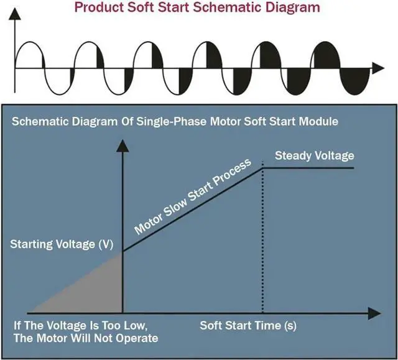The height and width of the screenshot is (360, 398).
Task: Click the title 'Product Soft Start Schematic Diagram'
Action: [197, 7]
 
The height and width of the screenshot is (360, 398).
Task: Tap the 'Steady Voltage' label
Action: [314, 155]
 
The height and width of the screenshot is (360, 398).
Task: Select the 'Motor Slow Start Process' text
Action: [193, 196]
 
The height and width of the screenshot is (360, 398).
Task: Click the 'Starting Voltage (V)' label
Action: [62, 244]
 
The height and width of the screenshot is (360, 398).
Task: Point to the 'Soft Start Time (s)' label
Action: [248, 326]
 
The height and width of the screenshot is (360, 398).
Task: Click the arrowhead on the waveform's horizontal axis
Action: [378, 68]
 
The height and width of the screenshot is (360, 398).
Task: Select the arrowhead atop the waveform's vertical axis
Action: [15, 14]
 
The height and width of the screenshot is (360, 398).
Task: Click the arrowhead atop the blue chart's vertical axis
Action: [123, 146]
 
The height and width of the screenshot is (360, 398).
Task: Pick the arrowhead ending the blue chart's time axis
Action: [374, 313]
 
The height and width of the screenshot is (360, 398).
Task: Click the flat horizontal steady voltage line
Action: [308, 168]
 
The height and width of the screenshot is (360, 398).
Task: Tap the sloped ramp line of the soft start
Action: [193, 210]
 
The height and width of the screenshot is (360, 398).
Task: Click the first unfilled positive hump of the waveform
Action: [29, 55]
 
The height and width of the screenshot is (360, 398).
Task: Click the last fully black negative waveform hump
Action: [355, 81]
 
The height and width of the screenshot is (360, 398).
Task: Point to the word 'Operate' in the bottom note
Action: [137, 339]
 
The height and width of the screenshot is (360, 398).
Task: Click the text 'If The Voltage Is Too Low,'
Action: [80, 326]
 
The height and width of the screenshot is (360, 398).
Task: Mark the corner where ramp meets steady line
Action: [263, 168]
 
